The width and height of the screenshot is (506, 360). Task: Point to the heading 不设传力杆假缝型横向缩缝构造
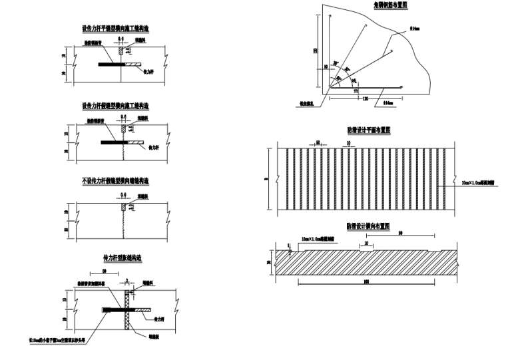coord(115,181)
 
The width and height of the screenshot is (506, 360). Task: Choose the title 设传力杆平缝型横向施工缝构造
coord(115,29)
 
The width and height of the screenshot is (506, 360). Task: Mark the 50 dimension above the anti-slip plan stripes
coord(318,142)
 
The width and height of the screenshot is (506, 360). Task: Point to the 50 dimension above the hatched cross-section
coord(401,233)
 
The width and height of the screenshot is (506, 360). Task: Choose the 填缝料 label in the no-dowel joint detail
coord(142,196)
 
